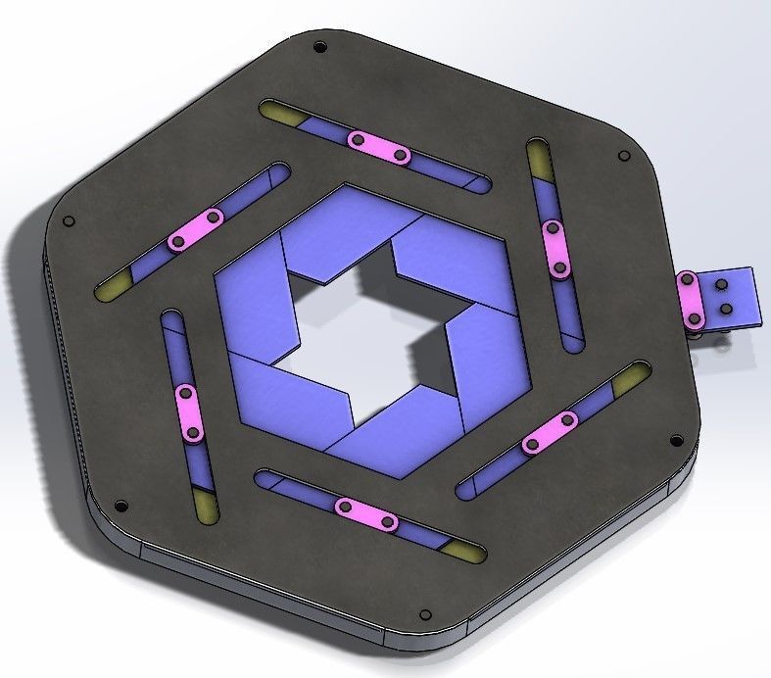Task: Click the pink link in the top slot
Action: (x=379, y=148)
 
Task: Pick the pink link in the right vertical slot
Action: (x=554, y=247)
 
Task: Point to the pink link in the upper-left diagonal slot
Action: (x=196, y=228)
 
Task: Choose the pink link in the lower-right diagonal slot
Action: (x=550, y=432)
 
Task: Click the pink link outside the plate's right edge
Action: (x=692, y=301)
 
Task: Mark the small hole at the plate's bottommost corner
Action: (x=424, y=615)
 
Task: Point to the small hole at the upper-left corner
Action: (x=68, y=220)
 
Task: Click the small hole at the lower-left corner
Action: (x=120, y=507)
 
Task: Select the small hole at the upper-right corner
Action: (x=621, y=156)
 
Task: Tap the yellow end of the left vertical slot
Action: (x=207, y=505)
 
